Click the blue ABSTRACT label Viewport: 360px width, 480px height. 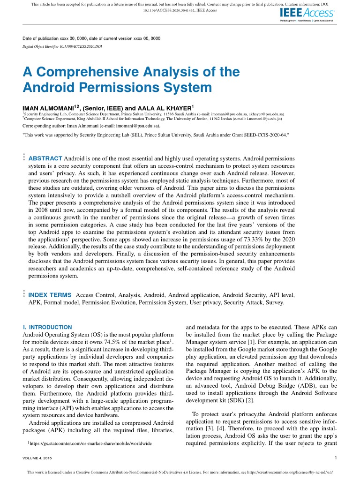45,158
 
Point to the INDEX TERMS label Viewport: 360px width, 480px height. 50,295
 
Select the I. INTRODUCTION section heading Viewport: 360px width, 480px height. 47,327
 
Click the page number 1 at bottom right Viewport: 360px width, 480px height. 336,457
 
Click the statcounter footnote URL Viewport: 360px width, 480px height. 90,443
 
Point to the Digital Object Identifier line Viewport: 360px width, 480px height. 62,47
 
